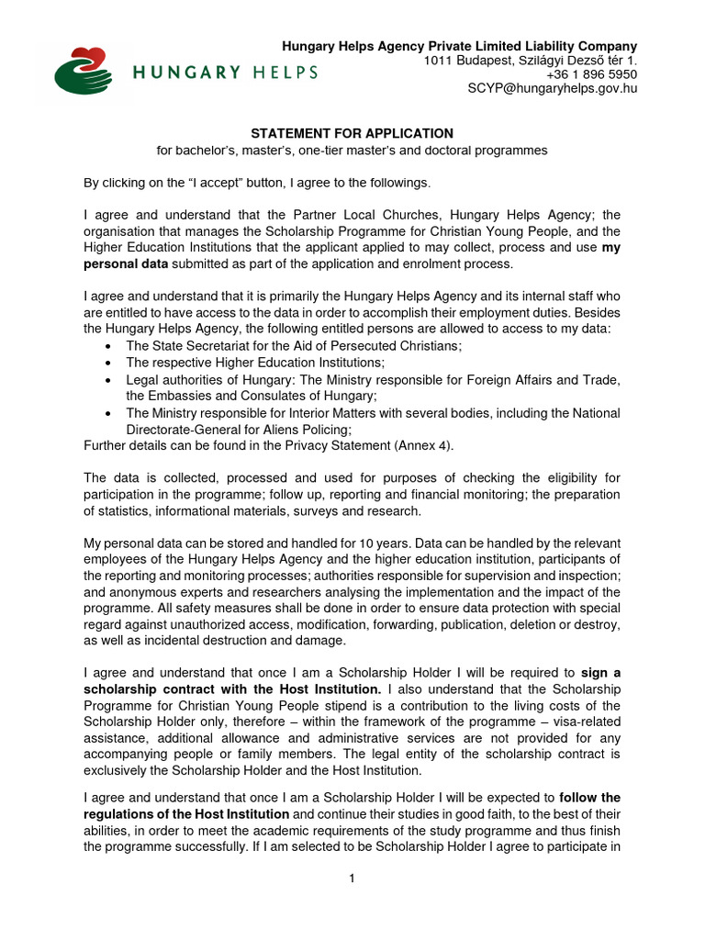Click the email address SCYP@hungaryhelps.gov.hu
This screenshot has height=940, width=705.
click(x=553, y=88)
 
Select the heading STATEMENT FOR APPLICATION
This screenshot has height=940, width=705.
click(x=352, y=133)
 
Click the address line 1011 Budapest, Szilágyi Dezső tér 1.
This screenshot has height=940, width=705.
click(x=531, y=61)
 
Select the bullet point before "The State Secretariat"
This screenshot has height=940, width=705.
click(x=109, y=346)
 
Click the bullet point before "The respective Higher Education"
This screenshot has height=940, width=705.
click(x=109, y=363)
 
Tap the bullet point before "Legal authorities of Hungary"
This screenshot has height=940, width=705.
click(x=109, y=380)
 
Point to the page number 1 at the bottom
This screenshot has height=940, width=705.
click(x=352, y=878)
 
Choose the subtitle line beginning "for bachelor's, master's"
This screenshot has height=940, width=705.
click(x=352, y=150)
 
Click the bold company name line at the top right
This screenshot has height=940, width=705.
click(x=459, y=46)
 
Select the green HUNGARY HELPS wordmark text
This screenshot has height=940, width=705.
click(x=225, y=72)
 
